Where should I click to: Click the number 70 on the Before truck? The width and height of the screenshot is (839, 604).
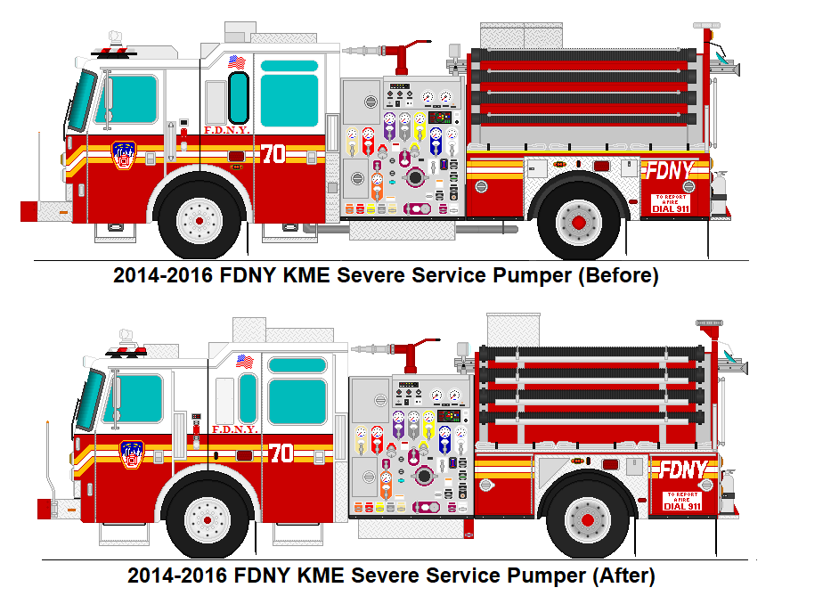273,153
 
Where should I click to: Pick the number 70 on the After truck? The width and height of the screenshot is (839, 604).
281,453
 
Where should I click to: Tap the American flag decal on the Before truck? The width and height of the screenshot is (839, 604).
236,62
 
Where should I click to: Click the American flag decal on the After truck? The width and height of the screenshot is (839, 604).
244,363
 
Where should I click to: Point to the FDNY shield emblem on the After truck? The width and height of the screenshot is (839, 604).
131,454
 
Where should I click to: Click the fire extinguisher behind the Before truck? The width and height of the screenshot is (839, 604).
719,193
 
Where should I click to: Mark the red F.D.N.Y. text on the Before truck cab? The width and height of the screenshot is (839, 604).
225,130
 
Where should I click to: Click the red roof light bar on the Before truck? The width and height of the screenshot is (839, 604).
115,53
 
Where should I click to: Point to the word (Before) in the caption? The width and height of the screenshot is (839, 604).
618,276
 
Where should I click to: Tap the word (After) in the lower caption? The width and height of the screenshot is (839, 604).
623,575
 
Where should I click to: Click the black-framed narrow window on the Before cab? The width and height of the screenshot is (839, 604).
239,97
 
